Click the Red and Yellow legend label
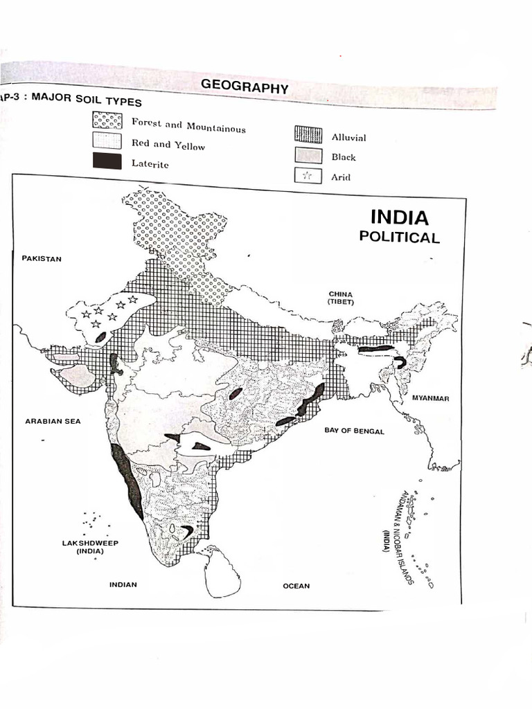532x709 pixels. point(168,144)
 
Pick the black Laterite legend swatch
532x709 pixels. point(107,162)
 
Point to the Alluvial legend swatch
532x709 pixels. point(308,134)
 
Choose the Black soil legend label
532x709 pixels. point(343,157)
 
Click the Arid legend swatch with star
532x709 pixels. point(308,176)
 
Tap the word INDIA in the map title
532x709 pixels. point(400,217)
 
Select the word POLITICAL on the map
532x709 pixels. point(399,237)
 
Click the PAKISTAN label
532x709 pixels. point(42,258)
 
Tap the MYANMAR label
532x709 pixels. point(431,398)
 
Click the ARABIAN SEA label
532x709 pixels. point(53,421)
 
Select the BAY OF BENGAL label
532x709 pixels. point(354,430)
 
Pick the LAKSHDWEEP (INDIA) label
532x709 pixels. point(90,547)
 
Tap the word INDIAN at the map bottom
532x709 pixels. point(123,584)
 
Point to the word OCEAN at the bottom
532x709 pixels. point(296,586)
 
